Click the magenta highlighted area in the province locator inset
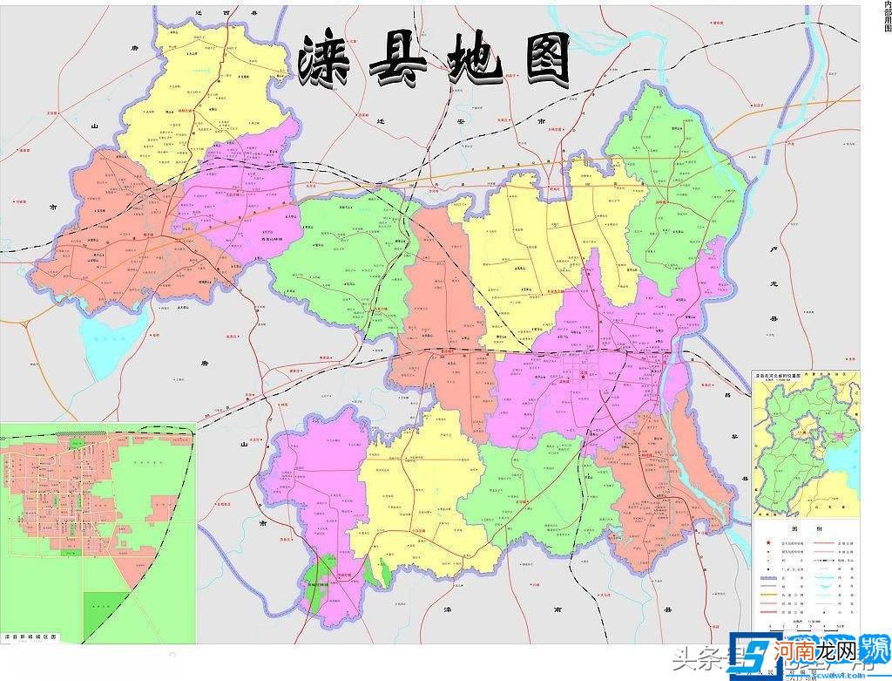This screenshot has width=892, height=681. click(x=839, y=433)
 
